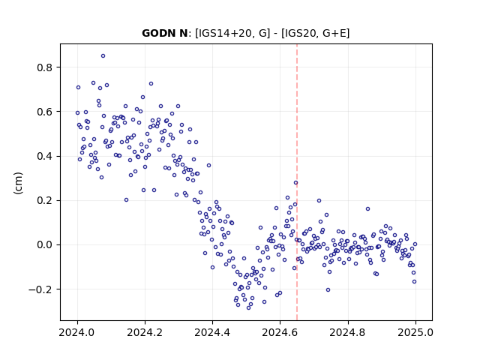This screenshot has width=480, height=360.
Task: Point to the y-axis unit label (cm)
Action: click(18, 183)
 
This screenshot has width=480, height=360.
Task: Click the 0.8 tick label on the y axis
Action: click(44, 67)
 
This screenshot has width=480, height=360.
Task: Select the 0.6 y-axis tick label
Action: click(44, 112)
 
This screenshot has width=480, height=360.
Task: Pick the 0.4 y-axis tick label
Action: click(44, 156)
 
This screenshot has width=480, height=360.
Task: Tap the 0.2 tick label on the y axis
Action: click(44, 200)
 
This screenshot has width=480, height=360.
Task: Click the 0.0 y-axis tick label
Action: click(44, 245)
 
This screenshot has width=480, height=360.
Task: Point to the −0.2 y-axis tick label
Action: click(40, 289)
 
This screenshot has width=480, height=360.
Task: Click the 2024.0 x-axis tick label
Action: click(77, 332)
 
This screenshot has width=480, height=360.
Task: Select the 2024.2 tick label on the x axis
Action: click(145, 332)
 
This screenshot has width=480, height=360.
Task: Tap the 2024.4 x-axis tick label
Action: click(212, 332)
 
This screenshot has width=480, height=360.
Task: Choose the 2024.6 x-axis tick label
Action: click(280, 332)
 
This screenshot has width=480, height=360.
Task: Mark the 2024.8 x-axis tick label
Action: click(348, 332)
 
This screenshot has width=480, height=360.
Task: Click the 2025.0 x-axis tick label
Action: click(415, 332)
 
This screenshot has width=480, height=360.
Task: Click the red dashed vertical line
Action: click(297, 182)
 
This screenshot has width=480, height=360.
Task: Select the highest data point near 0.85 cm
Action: click(103, 56)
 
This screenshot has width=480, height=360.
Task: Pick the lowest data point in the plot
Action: click(248, 307)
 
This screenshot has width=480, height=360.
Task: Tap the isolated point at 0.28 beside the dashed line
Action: click(295, 183)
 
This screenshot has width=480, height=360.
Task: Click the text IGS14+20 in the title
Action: click(218, 33)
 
